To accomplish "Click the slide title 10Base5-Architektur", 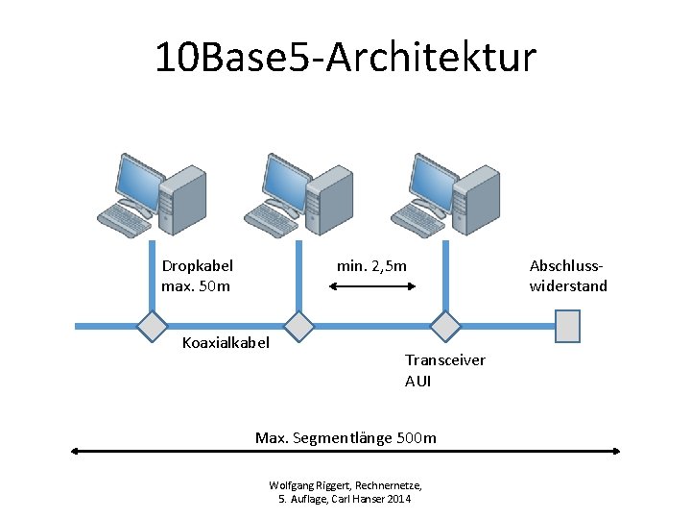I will [x=345, y=58].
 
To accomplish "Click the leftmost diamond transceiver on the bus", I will [x=151, y=327].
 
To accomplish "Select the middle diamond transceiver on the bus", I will [x=299, y=327].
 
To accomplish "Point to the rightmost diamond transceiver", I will [x=445, y=327].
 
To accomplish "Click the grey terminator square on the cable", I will [x=568, y=327].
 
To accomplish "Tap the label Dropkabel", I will [x=197, y=265].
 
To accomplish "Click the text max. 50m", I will [x=196, y=285].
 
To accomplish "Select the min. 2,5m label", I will [x=371, y=265].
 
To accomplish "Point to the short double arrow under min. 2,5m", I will [x=371, y=285].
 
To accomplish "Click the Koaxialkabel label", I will [x=226, y=343].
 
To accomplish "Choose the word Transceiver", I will [x=444, y=360].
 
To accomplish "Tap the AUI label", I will [x=417, y=381].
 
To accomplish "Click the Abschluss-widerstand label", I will [x=568, y=276].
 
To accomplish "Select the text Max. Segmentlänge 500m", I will [x=345, y=438].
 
